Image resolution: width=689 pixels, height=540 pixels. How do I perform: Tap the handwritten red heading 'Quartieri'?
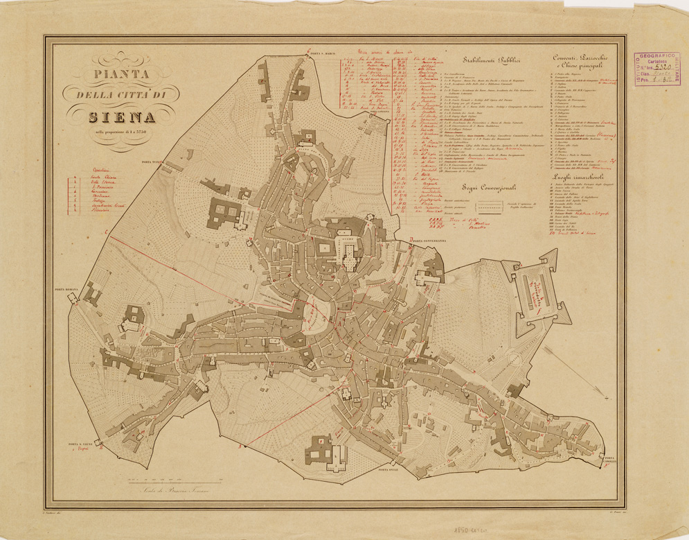tap(92, 168)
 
